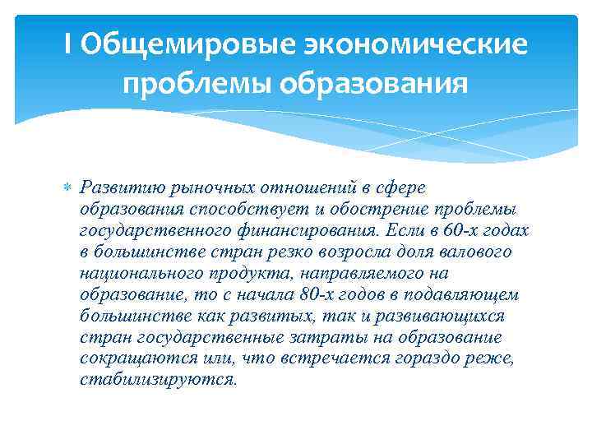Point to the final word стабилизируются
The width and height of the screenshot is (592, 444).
[159, 380]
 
